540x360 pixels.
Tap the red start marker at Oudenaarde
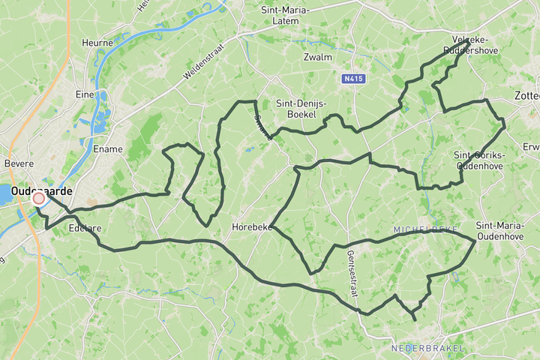pos(39,199)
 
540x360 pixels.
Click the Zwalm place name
pos(317,57)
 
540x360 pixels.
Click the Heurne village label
pos(97,43)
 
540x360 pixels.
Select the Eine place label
pos(84,94)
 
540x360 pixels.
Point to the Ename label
pos(108,149)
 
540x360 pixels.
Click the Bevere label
pos(19,163)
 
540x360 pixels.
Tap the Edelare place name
pos(84,227)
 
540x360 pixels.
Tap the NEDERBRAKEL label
pos(427,348)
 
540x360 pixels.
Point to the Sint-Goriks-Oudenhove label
pos(480,160)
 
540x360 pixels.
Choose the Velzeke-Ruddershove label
pos(471,44)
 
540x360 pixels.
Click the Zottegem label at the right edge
pos(527,96)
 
